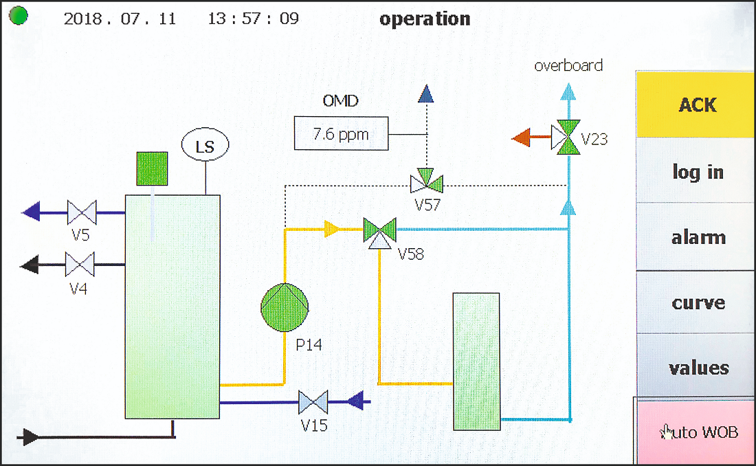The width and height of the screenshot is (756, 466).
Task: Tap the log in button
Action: [697, 171]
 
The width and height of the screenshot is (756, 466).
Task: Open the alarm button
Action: [697, 237]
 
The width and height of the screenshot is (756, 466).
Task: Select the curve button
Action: [697, 302]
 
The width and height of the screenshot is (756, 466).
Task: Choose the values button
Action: [697, 368]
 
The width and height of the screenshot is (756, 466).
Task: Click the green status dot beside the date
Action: [19, 16]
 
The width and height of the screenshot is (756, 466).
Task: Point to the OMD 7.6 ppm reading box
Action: [340, 133]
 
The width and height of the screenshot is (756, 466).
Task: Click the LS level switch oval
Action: [205, 146]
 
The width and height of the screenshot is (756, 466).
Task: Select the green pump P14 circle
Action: [285, 308]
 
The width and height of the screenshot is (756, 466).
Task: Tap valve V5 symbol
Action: [82, 212]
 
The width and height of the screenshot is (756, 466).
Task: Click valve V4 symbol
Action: [80, 263]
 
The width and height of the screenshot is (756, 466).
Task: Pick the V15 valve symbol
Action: [313, 401]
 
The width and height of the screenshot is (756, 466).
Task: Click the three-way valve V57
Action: [426, 182]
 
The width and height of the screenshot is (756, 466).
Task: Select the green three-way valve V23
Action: [568, 137]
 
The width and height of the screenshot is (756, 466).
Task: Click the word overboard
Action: [568, 66]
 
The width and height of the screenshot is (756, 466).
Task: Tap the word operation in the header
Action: [425, 19]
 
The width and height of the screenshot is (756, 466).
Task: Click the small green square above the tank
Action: [153, 168]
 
